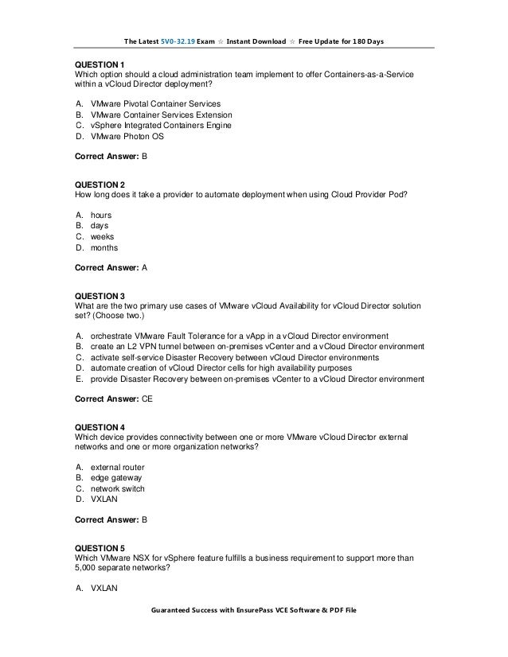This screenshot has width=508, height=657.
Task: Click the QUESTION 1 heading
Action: click(x=100, y=64)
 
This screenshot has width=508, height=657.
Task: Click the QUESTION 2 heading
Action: click(x=100, y=185)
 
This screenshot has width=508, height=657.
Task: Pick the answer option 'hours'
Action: click(x=101, y=216)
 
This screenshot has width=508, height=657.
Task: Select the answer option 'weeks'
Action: click(x=102, y=236)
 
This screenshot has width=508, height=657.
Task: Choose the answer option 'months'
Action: click(x=104, y=247)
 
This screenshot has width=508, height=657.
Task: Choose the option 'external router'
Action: click(x=115, y=467)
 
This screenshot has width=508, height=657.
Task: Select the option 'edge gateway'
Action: click(x=116, y=478)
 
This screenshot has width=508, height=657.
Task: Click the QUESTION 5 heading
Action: click(x=100, y=548)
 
